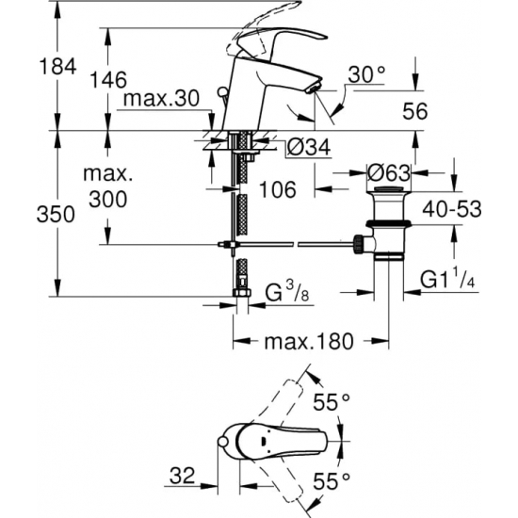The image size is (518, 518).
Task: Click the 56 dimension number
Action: click(414, 111)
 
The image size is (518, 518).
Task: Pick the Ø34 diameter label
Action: click(304, 148)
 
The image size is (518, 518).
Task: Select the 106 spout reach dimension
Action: click(277, 189)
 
